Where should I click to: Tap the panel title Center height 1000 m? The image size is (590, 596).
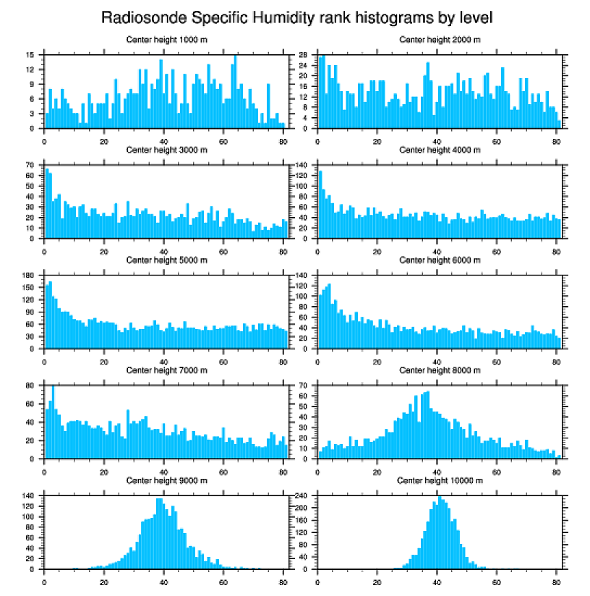tap(166, 40)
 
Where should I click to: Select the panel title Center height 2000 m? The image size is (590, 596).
tap(440, 40)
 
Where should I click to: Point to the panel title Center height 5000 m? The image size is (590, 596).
tap(166, 260)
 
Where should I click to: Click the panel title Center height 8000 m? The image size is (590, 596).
tap(440, 370)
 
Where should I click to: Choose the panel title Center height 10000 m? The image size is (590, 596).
tap(440, 480)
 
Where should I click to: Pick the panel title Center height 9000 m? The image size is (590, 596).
tap(166, 480)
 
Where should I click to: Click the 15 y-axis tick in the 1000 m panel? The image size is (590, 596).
tap(31, 55)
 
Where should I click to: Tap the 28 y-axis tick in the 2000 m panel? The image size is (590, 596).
tap(304, 55)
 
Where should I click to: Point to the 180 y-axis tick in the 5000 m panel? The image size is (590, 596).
tap(30, 276)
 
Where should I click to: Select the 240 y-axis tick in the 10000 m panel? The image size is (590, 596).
tap(303, 495)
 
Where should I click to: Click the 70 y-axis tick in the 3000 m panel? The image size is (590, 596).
tap(31, 166)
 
